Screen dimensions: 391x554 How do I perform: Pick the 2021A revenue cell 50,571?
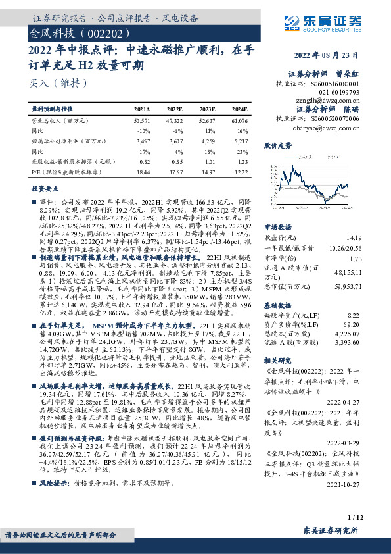coord(142,122)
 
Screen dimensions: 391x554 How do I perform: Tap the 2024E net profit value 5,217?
coord(241,141)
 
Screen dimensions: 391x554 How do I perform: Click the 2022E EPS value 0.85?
coord(177,161)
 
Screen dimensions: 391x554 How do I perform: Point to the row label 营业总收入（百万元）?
coord(60,122)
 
